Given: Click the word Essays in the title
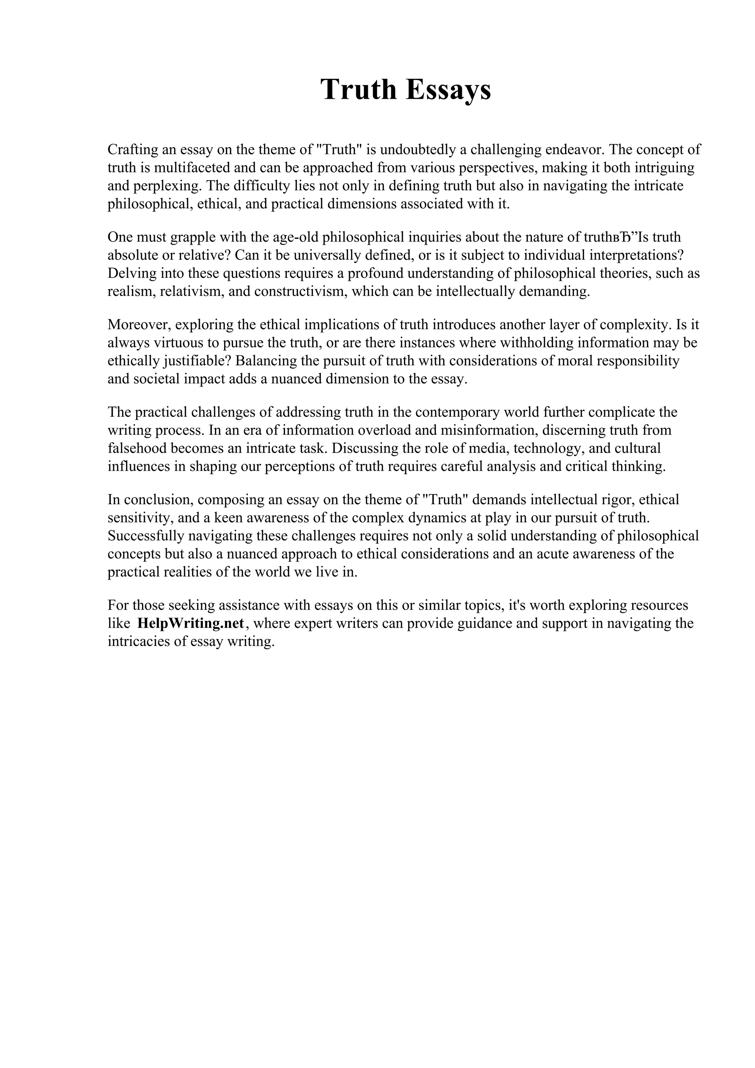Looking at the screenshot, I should coord(448,89).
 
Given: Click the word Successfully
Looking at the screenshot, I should coord(146,536).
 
